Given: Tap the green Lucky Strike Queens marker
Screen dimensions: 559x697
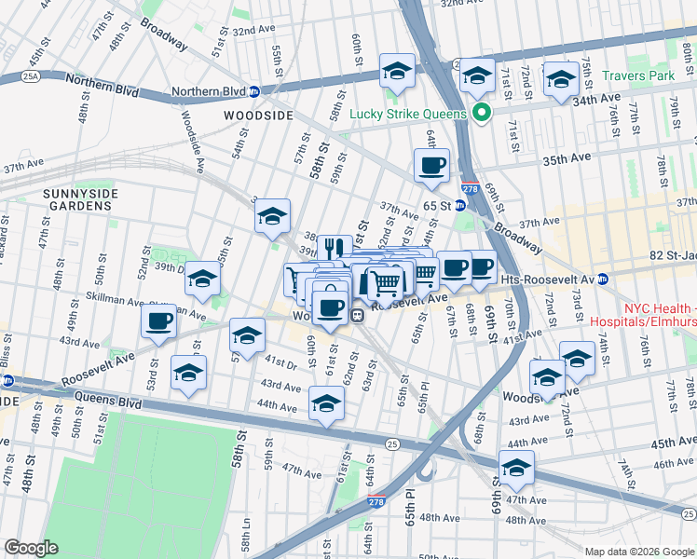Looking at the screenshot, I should [482, 114].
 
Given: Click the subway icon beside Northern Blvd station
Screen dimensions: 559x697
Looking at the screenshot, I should [253, 92].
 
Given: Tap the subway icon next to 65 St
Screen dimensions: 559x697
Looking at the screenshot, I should [459, 205].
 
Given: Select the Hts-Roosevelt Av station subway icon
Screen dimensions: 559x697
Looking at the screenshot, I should [604, 279].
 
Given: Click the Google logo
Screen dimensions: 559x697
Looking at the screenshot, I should [31, 547].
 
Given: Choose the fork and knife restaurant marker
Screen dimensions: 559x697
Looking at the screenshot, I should [335, 248].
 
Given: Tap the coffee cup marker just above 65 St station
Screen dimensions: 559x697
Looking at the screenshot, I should [431, 166].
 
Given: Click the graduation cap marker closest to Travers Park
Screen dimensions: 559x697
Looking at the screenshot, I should [561, 78].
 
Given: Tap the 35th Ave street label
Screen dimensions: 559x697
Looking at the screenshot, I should [567, 160].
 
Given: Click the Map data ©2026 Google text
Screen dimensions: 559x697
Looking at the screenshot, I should [637, 551].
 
